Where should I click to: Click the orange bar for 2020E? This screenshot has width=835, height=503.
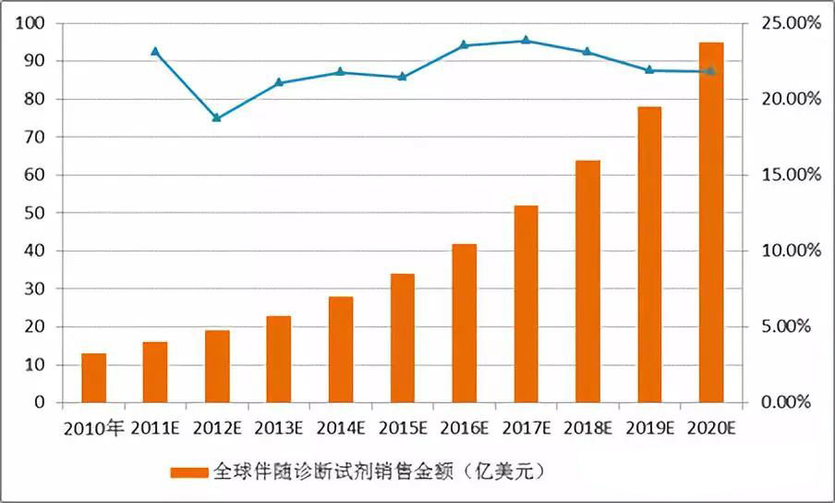click(x=710, y=222)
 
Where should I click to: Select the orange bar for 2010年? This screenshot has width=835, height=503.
click(x=93, y=378)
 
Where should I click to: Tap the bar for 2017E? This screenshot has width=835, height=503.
click(x=526, y=304)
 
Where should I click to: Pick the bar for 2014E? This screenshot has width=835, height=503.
click(x=341, y=350)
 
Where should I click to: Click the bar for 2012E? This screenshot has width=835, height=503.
click(x=217, y=366)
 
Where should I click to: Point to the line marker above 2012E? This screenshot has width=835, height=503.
click(x=217, y=117)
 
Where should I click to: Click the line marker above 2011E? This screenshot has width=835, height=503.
click(x=155, y=52)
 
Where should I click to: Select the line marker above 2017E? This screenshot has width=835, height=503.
click(x=526, y=41)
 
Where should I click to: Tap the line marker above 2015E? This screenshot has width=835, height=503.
click(x=402, y=77)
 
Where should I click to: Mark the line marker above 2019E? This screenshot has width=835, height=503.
click(x=648, y=69)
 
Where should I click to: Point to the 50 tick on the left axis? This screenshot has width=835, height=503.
click(x=36, y=213)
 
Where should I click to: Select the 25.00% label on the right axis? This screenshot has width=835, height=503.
click(x=787, y=23)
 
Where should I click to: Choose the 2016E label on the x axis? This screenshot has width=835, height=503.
click(x=464, y=428)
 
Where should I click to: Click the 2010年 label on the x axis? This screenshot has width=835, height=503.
click(x=93, y=428)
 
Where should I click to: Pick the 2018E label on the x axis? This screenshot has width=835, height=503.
click(x=587, y=428)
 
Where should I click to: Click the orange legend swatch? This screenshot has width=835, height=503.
click(x=190, y=472)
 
